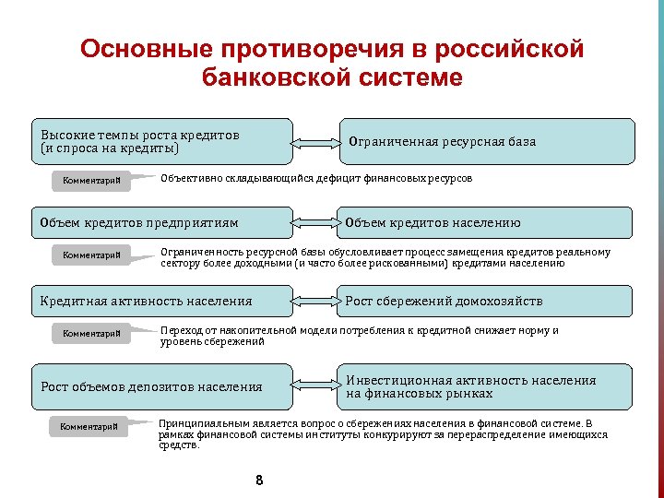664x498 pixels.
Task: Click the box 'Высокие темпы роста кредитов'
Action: coord(161,141)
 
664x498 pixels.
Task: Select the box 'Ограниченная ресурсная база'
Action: coord(488,141)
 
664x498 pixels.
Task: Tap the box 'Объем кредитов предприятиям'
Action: coord(161,223)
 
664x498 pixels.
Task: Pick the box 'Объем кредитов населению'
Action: coord(488,223)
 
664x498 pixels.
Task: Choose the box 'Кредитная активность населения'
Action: coord(161,301)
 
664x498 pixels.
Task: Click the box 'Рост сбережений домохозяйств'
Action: coord(488,301)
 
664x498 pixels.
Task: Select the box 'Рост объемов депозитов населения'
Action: coord(161,386)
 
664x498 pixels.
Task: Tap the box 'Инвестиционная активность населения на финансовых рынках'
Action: coord(488,386)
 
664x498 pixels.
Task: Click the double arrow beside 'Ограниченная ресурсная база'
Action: coord(316,143)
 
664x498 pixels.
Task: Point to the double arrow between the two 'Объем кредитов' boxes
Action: coord(316,223)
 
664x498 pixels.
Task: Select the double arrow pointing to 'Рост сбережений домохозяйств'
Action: coord(316,301)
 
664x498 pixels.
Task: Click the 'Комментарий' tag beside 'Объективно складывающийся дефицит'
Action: coord(91,180)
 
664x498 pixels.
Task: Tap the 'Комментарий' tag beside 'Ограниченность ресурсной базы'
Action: coord(91,255)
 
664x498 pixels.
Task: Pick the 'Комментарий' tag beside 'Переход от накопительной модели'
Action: coord(91,333)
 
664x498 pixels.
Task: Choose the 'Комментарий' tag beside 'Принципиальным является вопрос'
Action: coord(89,426)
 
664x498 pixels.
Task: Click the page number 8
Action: coord(259,480)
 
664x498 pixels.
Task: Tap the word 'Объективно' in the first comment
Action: coord(187,178)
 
